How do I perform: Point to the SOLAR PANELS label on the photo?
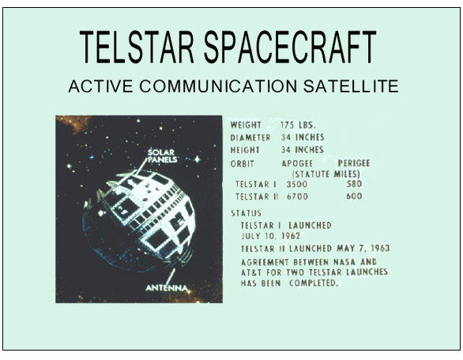[x=164, y=155]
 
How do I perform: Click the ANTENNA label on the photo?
[x=167, y=287]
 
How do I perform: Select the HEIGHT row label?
[x=247, y=148]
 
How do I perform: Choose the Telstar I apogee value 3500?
[x=297, y=184]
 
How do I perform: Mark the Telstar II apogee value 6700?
[x=297, y=196]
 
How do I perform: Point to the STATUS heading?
[x=247, y=213]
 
